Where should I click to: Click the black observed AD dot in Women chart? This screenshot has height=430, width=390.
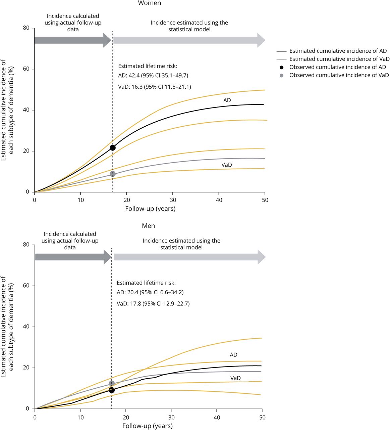(113, 147)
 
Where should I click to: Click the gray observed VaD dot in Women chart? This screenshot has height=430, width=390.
(113, 174)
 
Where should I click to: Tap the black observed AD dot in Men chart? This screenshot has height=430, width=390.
(112, 390)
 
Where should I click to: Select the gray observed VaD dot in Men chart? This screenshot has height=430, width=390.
(112, 383)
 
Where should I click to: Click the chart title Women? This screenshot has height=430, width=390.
(149, 3)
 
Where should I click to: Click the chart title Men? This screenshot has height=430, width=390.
(148, 226)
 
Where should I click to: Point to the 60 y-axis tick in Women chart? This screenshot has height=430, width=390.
(26, 69)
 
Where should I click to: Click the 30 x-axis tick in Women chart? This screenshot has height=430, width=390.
(173, 200)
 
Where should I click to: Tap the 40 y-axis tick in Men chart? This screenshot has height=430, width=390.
(26, 327)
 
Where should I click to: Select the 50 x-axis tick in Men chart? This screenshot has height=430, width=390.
(262, 418)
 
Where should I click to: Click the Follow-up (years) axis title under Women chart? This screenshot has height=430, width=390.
(150, 209)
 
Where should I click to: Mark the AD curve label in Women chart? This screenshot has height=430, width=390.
(227, 100)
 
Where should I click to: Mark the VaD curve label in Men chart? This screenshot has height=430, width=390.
(235, 378)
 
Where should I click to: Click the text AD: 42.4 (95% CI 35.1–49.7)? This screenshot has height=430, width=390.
(155, 76)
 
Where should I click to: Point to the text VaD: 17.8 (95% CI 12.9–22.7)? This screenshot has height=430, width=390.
(153, 304)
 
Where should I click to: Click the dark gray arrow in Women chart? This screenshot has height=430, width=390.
(72, 40)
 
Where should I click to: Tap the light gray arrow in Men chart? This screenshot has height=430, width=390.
(189, 257)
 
